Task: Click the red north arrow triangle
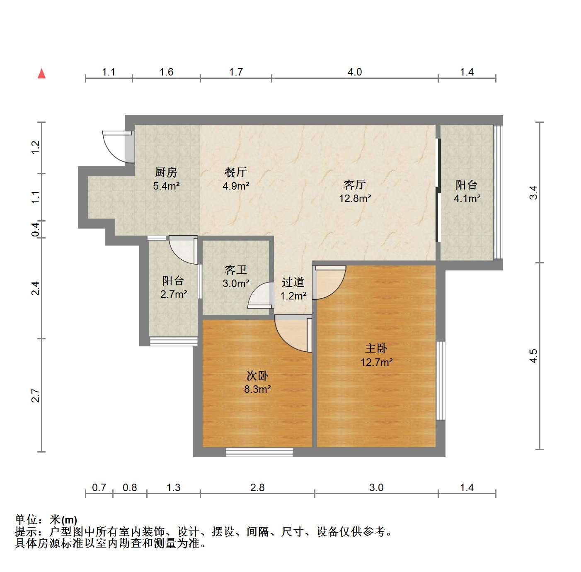[41, 74]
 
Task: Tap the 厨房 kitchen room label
[166, 173]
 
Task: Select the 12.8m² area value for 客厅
[355, 198]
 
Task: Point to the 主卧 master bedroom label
[376, 348]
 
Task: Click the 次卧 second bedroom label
[257, 376]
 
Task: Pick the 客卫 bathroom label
[235, 270]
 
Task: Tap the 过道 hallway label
[293, 282]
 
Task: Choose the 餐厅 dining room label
[235, 173]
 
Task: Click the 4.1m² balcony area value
[467, 198]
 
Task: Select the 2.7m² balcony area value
[173, 294]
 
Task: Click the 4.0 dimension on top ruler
[355, 72]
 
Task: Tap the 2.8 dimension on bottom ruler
[257, 487]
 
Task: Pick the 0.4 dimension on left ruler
[36, 229]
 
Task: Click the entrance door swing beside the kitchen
[116, 147]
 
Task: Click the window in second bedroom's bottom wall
[259, 452]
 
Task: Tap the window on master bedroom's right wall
[441, 381]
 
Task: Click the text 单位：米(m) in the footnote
[46, 520]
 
